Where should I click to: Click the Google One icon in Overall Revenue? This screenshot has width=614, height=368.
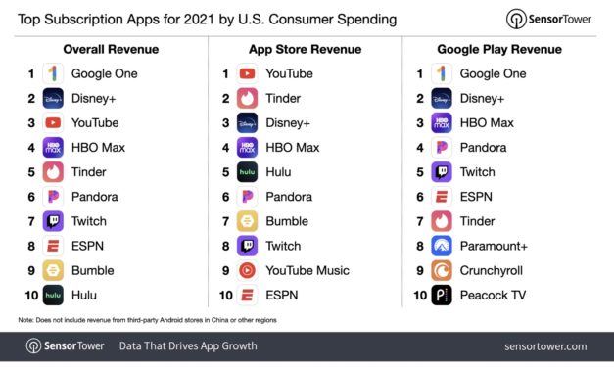(x=53, y=73)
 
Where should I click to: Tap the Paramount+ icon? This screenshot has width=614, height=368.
(x=442, y=246)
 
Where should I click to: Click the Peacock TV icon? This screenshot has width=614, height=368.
(x=442, y=295)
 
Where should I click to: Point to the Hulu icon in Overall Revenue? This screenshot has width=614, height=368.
(x=53, y=295)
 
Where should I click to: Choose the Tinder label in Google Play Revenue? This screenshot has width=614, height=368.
(x=479, y=221)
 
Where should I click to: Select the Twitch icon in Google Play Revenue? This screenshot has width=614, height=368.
(x=442, y=172)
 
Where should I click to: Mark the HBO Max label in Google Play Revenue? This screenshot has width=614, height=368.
(x=488, y=122)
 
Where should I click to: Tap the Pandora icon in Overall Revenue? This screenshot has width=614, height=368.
(x=53, y=197)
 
